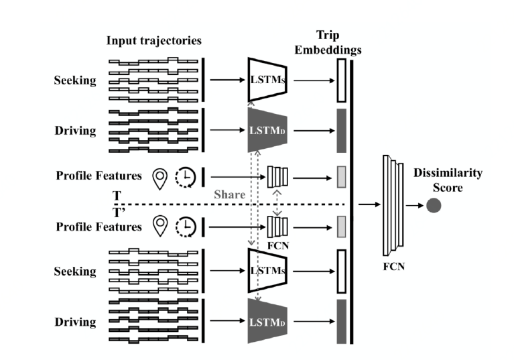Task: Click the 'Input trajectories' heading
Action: pyautogui.click(x=153, y=41)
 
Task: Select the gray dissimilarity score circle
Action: pyautogui.click(x=434, y=207)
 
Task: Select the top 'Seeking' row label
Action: pyautogui.click(x=75, y=81)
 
